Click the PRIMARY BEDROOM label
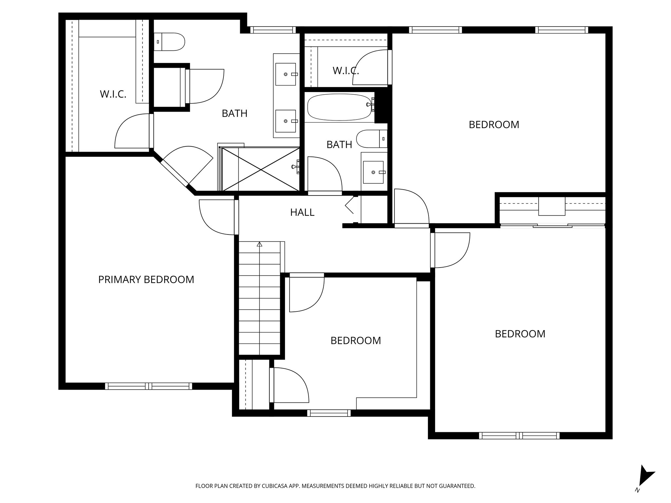click(x=146, y=279)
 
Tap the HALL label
click(x=302, y=213)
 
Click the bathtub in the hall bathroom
click(x=339, y=107)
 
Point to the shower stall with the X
click(x=261, y=169)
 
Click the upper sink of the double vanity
click(x=285, y=74)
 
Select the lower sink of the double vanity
click(x=285, y=121)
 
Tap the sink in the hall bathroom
click(x=373, y=172)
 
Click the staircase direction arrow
click(x=259, y=244)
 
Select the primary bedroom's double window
click(x=149, y=386)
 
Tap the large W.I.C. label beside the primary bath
click(x=113, y=94)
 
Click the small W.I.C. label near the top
click(x=345, y=70)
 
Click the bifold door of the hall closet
click(x=350, y=205)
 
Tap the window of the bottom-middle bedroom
click(x=329, y=413)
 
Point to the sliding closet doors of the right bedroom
click(x=552, y=225)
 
